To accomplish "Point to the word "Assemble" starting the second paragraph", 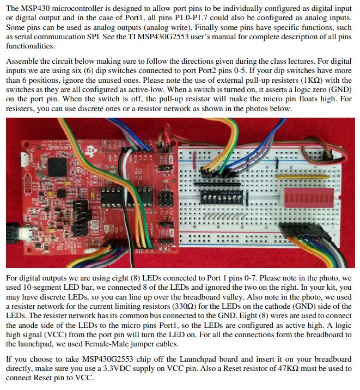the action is coord(23,62).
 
